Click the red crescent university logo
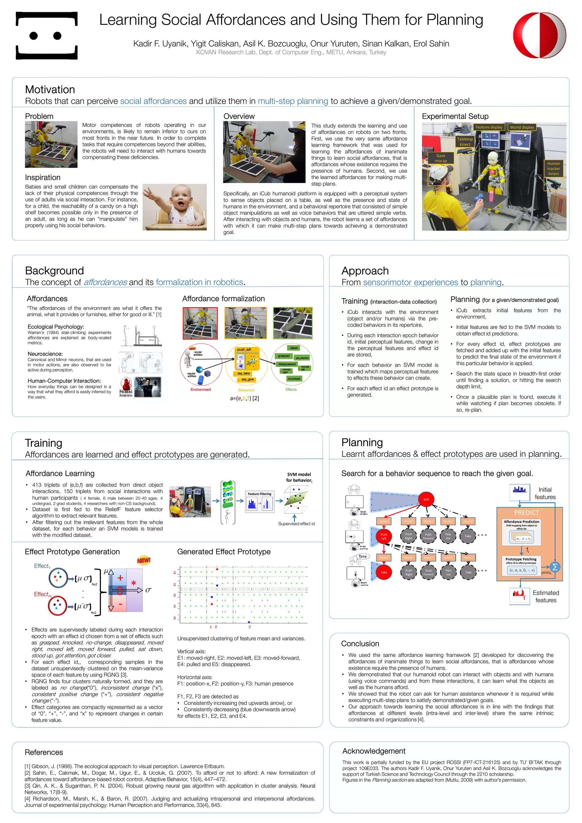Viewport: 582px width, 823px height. point(539,35)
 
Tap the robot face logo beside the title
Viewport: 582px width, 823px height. point(47,36)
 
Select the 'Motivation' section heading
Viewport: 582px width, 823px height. point(50,90)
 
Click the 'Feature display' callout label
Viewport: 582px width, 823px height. point(489,127)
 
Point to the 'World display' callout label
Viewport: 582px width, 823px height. point(522,127)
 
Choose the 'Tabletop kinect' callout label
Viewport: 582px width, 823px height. point(465,142)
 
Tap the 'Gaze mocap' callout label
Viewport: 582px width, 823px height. point(441,158)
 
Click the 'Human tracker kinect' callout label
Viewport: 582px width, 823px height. point(553,169)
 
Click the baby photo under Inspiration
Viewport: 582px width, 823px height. point(174,207)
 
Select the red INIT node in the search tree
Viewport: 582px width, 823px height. point(426,499)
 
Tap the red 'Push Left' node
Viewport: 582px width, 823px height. point(384,536)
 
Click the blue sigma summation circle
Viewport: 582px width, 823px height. point(555,567)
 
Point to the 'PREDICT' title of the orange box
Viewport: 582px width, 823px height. point(527,513)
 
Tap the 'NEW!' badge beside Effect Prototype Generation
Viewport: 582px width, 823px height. point(144,560)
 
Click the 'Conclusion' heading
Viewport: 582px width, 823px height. point(360,643)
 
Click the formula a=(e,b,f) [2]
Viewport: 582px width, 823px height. point(244,398)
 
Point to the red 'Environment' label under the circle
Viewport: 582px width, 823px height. point(201,390)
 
